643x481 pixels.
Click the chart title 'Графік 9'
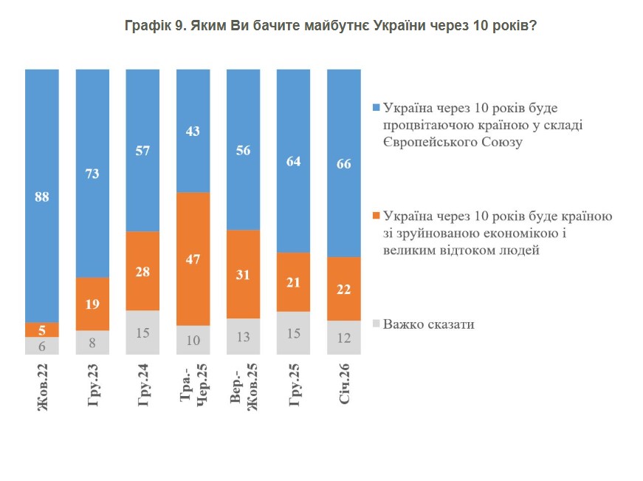(x=330, y=26)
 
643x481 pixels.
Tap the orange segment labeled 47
(x=193, y=259)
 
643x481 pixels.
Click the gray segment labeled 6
(x=42, y=346)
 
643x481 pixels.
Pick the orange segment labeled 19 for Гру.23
(x=92, y=304)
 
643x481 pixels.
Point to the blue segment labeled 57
(x=143, y=150)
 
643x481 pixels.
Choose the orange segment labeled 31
(x=244, y=274)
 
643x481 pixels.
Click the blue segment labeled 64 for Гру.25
(x=294, y=161)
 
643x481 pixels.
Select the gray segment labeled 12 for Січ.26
(x=344, y=338)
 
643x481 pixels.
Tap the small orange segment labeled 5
(x=42, y=330)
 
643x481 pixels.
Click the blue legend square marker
(x=377, y=109)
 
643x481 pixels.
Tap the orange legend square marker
(x=377, y=216)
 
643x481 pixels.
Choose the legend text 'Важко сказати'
(x=428, y=324)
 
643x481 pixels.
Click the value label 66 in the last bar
(x=344, y=163)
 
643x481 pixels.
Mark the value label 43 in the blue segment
(x=193, y=131)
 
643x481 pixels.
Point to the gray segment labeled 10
(x=193, y=340)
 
